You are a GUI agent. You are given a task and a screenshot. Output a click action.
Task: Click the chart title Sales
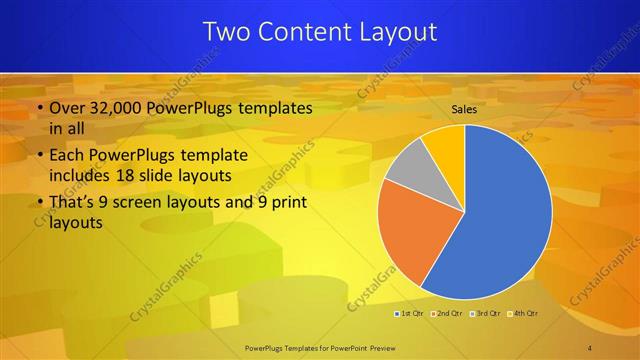[464, 109]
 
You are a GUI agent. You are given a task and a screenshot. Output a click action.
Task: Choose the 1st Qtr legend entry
[410, 315]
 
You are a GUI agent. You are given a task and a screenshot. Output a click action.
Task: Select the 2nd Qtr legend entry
[447, 315]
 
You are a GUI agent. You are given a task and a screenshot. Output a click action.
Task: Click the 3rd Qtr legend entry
[484, 315]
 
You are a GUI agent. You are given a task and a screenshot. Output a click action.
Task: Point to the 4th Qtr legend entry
[521, 315]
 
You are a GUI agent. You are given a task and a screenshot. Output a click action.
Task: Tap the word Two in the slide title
[225, 32]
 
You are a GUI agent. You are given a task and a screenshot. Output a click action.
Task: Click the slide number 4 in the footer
[591, 347]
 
